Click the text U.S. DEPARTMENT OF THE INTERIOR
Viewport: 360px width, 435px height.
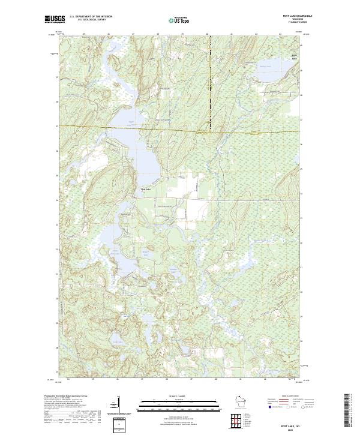click(x=91, y=16)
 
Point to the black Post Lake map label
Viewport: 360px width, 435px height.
click(x=146, y=190)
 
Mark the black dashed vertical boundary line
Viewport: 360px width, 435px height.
click(x=210, y=78)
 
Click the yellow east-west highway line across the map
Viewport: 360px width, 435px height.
click(x=180, y=130)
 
